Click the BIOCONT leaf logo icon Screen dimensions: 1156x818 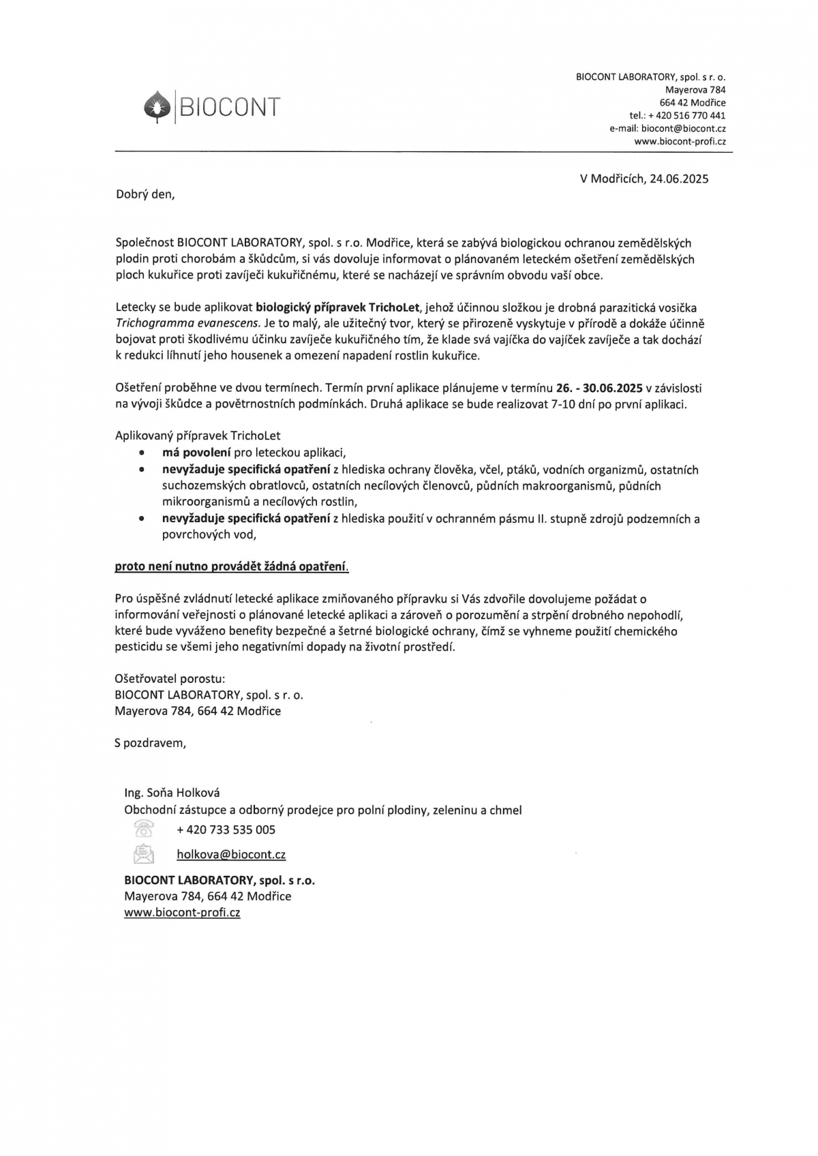point(156,107)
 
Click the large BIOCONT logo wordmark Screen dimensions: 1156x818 point(228,107)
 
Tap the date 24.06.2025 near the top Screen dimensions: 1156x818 point(679,179)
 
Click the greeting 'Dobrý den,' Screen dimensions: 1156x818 point(145,194)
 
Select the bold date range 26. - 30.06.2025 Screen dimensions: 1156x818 point(600,389)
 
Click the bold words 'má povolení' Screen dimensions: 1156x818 point(196,453)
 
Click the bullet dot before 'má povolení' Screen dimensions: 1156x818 point(141,453)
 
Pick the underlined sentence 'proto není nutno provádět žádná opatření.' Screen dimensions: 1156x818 point(232,566)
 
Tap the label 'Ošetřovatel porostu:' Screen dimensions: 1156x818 point(170,679)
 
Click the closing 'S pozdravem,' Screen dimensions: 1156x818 point(150,743)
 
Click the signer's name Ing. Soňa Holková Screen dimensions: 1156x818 point(172,793)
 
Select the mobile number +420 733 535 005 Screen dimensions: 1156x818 point(226,830)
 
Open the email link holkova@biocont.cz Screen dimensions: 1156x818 point(231,855)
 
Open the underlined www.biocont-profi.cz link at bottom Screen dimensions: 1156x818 point(182,913)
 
